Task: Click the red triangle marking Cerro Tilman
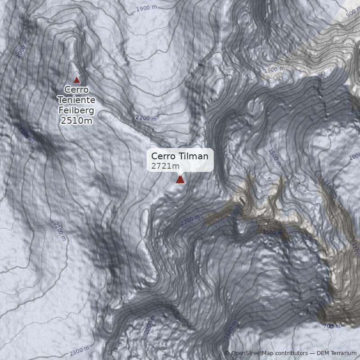180,180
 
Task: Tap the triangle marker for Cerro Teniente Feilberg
76,80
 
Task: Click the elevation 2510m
76,121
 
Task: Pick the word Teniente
76,100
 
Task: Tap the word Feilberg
76,110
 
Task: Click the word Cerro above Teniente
76,90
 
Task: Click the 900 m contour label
353,13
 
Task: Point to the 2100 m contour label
26,135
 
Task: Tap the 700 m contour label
332,326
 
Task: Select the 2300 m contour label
80,351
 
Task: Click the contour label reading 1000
355,156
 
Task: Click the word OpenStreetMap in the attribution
252,354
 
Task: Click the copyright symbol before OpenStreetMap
227,354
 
